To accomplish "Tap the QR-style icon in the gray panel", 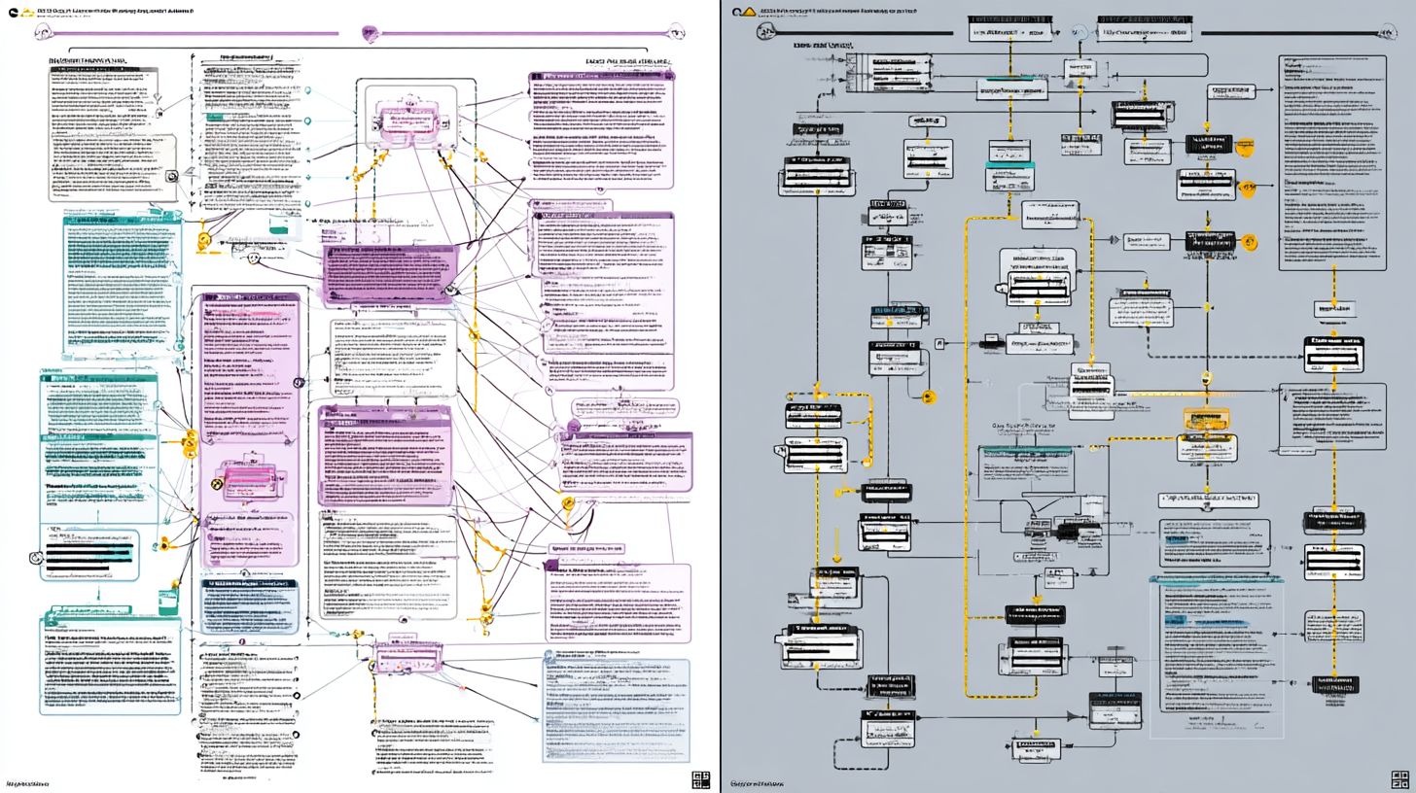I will coord(1398,778).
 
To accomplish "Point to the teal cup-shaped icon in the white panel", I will coord(280,224).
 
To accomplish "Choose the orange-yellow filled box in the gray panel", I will coord(1206,419).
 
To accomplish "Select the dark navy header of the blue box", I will coord(249,584).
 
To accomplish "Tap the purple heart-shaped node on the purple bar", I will coord(370,34).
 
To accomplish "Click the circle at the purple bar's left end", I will coord(41,33).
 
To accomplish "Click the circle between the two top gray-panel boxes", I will coord(1078,32).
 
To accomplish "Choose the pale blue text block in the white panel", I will coord(616,709).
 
